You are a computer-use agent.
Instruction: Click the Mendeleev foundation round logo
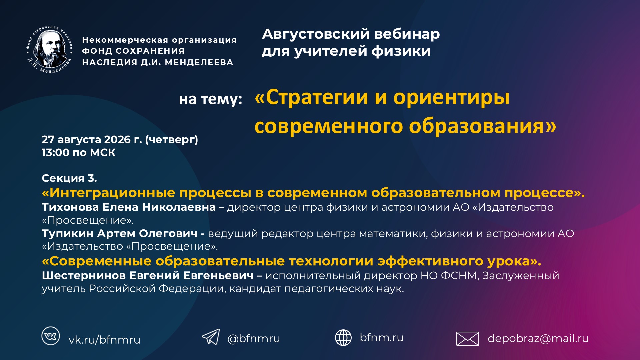coord(50,49)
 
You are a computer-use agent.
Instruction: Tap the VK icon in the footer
coord(51,336)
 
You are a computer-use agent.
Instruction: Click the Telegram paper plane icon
coord(211,337)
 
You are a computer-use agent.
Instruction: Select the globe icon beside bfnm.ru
coord(343,338)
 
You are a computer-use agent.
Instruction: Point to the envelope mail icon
coord(467,339)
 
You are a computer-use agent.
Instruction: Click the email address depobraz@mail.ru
coord(538,338)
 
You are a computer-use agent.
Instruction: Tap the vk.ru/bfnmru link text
coord(104,340)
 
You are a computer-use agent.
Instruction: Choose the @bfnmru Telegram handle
coord(254,338)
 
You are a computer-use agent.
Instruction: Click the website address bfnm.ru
coord(382,337)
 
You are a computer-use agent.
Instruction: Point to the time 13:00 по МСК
coord(79,153)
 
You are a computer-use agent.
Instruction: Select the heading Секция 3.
coord(69,178)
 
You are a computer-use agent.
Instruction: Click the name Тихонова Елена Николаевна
coord(129,207)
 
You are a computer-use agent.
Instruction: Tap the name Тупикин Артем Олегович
coord(119,233)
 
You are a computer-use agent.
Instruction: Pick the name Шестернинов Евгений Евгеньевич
coord(148,276)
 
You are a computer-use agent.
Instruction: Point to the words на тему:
coord(210,99)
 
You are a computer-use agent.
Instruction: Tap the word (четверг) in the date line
coord(172,140)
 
